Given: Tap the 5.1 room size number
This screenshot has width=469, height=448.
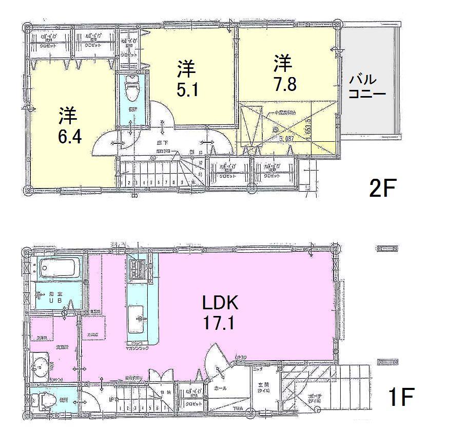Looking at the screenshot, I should pyautogui.click(x=187, y=90).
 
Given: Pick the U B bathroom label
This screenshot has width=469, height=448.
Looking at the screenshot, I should pyautogui.click(x=53, y=298).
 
